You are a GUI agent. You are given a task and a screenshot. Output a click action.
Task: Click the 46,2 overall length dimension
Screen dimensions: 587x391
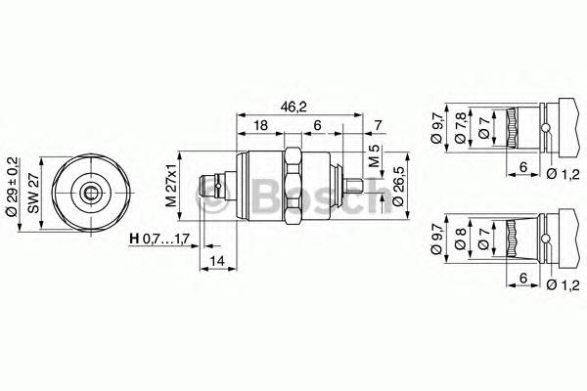click(293, 107)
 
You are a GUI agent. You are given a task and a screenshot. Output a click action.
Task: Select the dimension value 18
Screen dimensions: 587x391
click(260, 125)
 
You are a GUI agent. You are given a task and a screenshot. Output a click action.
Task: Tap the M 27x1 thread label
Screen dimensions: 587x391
click(171, 186)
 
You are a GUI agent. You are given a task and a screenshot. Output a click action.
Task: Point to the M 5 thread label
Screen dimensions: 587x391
click(374, 156)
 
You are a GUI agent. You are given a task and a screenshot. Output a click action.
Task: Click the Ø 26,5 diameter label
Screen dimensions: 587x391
click(398, 187)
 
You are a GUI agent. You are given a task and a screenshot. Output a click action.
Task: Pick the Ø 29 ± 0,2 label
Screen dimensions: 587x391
click(12, 187)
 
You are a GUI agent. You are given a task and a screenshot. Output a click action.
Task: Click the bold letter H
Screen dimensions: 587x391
click(134, 238)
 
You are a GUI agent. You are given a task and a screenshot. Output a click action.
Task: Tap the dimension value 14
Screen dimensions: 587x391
click(217, 260)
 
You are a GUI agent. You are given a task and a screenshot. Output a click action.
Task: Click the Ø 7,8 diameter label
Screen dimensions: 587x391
click(461, 128)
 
